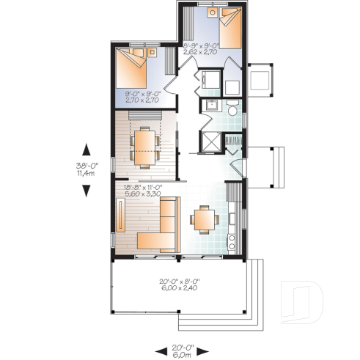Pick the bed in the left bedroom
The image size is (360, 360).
pos(132,68)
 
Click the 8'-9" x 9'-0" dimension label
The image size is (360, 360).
pos(200,49)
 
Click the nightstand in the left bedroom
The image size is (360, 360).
pos(153,52)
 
